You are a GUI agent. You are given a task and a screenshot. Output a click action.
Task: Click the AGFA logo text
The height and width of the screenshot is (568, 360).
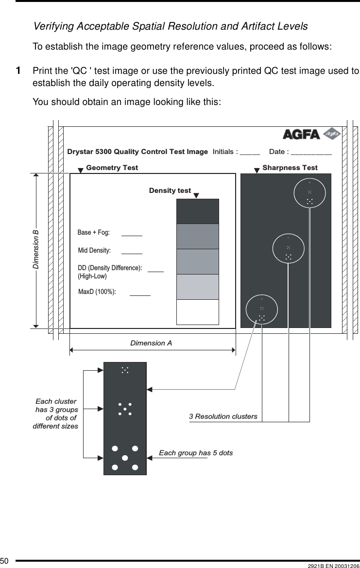[x=301, y=134]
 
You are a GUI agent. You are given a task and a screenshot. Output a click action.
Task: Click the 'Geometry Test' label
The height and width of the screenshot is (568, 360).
[x=112, y=168]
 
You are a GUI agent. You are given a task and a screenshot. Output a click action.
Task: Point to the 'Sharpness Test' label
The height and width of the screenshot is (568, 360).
[x=290, y=168]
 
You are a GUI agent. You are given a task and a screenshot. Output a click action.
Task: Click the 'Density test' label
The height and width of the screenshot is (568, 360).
[x=170, y=190]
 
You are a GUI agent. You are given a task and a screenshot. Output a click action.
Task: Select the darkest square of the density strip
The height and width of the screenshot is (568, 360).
[x=198, y=211]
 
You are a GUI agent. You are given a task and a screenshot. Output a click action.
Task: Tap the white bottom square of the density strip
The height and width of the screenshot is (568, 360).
[x=198, y=312]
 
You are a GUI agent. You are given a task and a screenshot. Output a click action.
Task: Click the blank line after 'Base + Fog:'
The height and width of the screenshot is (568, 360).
[x=132, y=235]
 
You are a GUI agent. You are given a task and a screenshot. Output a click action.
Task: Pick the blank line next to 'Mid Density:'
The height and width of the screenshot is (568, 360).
[x=132, y=253]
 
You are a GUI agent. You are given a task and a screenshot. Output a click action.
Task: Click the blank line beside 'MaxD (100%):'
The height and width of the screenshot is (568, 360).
[x=140, y=294]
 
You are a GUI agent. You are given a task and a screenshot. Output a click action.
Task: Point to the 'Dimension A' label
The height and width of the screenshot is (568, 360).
[x=151, y=343]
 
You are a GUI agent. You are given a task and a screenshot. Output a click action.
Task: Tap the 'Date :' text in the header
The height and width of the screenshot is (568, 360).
[x=279, y=152]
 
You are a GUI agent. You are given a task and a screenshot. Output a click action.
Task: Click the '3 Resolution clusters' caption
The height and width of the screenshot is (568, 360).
[x=223, y=416]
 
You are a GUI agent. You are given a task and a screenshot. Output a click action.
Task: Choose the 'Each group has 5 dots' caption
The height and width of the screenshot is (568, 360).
[x=196, y=453]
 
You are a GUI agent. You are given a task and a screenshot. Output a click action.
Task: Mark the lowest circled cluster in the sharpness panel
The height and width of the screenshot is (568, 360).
[x=262, y=310]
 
